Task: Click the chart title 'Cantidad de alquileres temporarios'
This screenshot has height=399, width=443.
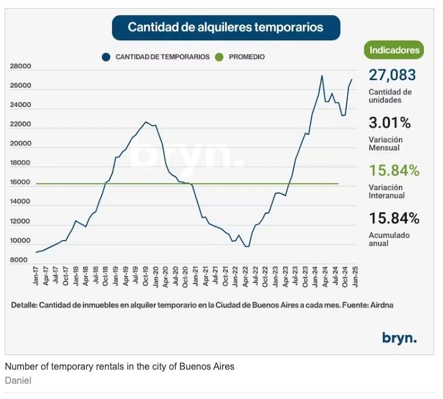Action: pyautogui.click(x=226, y=28)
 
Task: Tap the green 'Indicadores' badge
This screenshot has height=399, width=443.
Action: pyautogui.click(x=395, y=50)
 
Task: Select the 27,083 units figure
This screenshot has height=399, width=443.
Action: pyautogui.click(x=392, y=75)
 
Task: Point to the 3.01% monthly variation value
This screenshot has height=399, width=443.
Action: pyautogui.click(x=389, y=123)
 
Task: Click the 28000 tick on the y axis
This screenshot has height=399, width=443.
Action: pyautogui.click(x=21, y=66)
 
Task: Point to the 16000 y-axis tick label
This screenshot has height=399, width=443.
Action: pyautogui.click(x=21, y=182)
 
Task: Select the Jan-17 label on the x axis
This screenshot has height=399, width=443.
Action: pyautogui.click(x=36, y=276)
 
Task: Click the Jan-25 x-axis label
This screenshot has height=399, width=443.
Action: pyautogui.click(x=354, y=276)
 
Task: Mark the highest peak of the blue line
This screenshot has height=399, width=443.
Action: pyautogui.click(x=322, y=75)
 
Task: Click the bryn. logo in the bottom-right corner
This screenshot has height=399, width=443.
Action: pyautogui.click(x=399, y=337)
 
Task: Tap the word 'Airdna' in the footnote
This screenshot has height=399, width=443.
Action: pyautogui.click(x=382, y=305)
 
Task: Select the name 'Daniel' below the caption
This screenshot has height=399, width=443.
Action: pyautogui.click(x=18, y=380)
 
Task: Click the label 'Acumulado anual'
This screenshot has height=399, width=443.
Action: pyautogui.click(x=389, y=239)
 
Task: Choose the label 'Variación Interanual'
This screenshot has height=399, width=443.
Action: pyautogui.click(x=387, y=191)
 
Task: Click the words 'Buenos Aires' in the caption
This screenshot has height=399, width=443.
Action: pyautogui.click(x=209, y=367)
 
